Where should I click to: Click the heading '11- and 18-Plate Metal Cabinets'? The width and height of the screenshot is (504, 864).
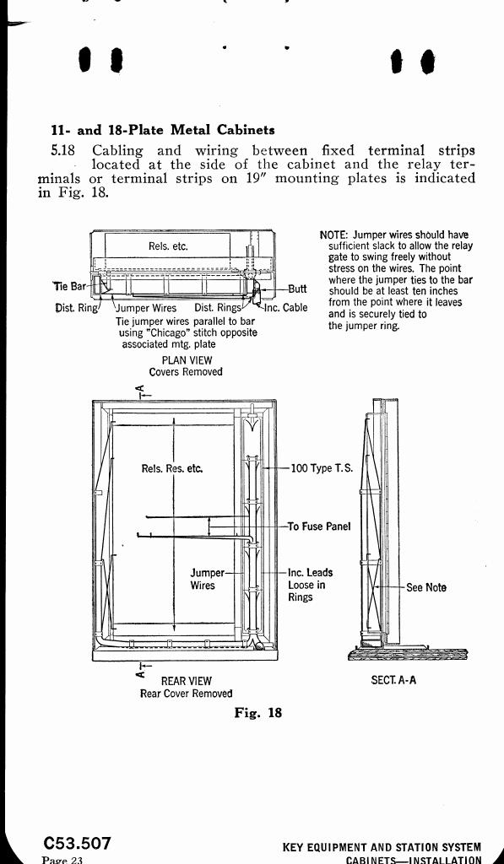tap(163, 130)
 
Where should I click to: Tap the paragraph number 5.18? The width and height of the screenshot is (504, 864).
tap(62, 150)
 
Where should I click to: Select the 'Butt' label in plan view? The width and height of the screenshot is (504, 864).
tap(297, 289)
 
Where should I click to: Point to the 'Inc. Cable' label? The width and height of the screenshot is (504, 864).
tap(286, 307)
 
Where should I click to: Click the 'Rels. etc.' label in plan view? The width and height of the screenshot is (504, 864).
tap(168, 246)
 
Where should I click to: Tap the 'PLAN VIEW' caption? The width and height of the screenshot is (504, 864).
tap(187, 359)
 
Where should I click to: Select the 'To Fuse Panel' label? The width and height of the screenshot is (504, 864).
tap(319, 526)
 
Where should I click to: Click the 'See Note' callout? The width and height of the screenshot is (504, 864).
tap(426, 587)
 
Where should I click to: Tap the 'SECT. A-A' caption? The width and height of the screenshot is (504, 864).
tap(393, 680)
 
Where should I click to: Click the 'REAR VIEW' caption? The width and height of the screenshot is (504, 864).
tap(186, 681)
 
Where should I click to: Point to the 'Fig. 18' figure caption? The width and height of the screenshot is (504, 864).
tap(258, 712)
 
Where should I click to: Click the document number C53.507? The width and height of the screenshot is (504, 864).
tap(78, 844)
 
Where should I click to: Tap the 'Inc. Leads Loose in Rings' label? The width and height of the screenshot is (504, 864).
tap(311, 585)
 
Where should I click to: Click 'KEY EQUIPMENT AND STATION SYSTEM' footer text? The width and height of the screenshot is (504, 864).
tap(382, 847)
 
